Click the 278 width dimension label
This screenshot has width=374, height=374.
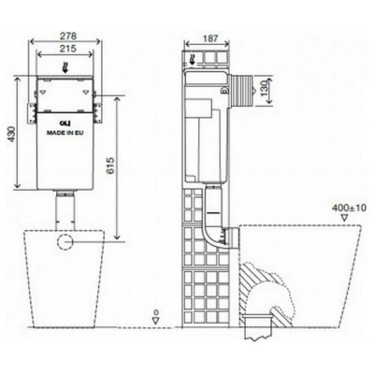pyautogui.click(x=68, y=36)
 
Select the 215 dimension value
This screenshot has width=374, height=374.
pyautogui.click(x=68, y=49)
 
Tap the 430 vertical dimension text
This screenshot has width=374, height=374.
pyautogui.click(x=10, y=134)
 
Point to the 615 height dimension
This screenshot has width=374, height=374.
pyautogui.click(x=111, y=165)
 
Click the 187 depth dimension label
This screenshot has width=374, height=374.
pyautogui.click(x=210, y=38)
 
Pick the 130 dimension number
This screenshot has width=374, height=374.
pyautogui.click(x=264, y=88)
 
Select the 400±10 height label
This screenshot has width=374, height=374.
pyautogui.click(x=349, y=208)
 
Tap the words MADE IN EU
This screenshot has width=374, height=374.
pyautogui.click(x=65, y=133)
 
